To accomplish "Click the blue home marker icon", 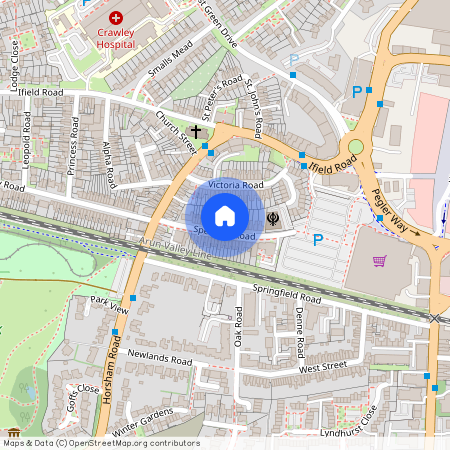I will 225,216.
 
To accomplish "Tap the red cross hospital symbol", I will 117,18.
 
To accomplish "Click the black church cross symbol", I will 196,131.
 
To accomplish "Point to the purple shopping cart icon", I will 379,261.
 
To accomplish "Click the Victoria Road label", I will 236,186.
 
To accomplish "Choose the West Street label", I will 322,368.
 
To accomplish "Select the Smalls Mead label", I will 169,61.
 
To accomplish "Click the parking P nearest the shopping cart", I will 318,240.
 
